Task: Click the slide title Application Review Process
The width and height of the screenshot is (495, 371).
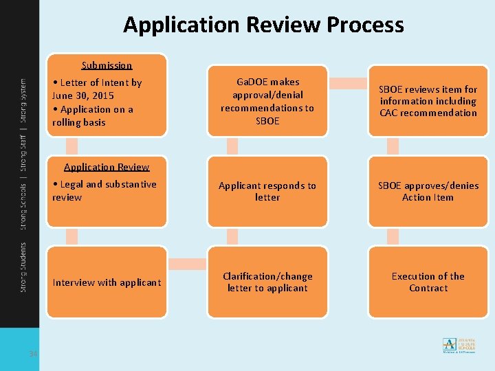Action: coord(263,25)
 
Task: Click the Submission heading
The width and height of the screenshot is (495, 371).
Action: coord(107,65)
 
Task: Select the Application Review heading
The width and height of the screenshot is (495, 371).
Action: coord(107,167)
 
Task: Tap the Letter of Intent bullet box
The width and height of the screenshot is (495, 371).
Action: coord(107,102)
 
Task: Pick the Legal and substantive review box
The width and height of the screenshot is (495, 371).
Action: coord(107,196)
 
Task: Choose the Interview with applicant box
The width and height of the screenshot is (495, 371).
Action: coord(107,282)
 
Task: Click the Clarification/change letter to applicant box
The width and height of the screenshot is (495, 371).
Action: coord(267,282)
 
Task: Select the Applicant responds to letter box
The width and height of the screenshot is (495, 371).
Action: coord(267,192)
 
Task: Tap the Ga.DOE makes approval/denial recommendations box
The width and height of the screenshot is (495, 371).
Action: coord(267,101)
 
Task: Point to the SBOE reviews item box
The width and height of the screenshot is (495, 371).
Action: coord(428,101)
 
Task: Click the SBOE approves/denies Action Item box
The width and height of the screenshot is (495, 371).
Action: coord(428,192)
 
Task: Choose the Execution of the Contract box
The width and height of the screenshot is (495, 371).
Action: coord(428,282)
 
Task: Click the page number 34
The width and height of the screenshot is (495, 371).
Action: coord(32,354)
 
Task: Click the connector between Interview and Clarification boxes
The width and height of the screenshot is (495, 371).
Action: coord(187,264)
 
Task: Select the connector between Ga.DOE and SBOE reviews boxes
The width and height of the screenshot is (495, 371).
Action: coord(348,83)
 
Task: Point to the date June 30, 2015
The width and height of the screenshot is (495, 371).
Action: coord(83,95)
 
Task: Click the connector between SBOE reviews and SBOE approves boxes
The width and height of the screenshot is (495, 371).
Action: coord(393,146)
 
